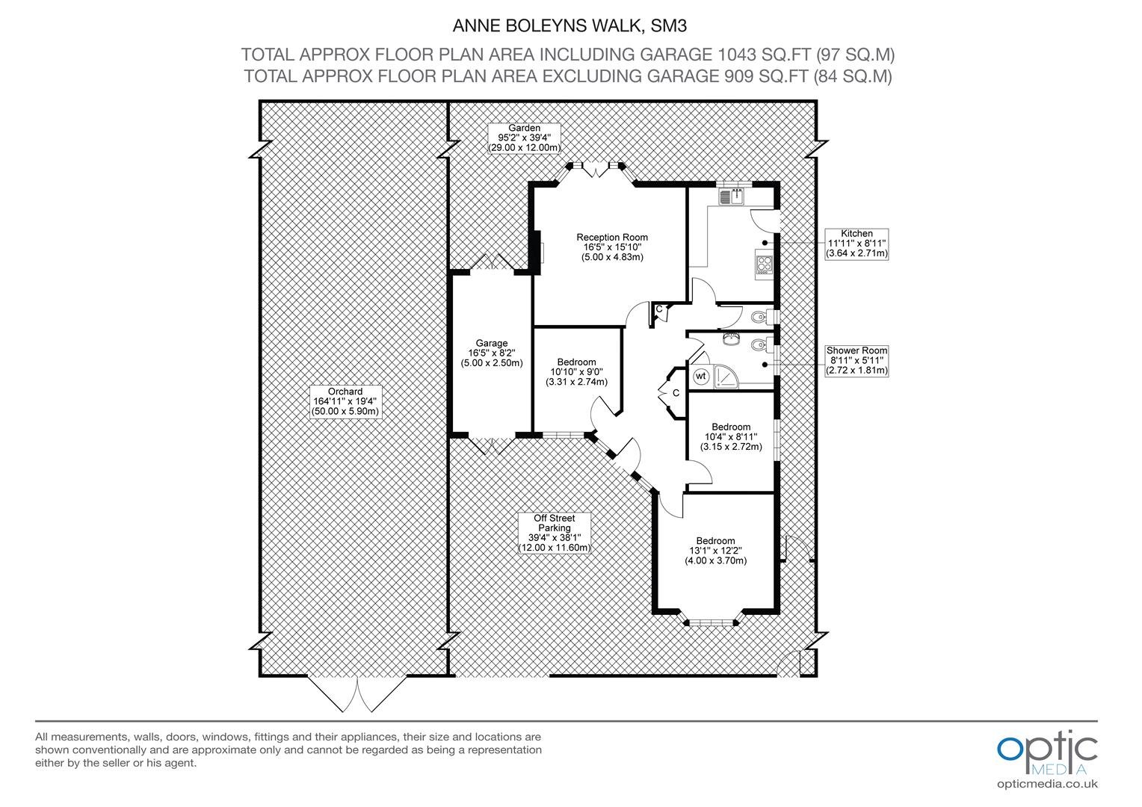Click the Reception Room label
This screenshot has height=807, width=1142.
tap(612, 247)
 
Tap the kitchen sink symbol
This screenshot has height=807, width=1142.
tap(732, 197)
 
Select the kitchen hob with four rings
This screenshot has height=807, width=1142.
tap(764, 264)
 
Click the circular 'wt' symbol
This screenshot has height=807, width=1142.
tap(700, 376)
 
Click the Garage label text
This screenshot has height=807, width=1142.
tap(492, 353)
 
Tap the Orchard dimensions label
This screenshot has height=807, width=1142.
tap(345, 401)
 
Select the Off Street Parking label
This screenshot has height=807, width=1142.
tap(554, 533)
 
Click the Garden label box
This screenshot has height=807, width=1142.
tap(524, 138)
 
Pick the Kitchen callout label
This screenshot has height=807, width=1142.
tap(856, 244)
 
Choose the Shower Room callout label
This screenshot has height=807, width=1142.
tap(856, 360)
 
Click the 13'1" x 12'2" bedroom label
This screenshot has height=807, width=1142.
tap(715, 551)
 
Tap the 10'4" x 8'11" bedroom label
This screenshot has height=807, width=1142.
tap(731, 436)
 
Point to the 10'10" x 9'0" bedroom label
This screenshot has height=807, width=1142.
tap(576, 371)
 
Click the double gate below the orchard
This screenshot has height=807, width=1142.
tap(357, 694)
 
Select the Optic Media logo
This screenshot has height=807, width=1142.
tap(1047, 753)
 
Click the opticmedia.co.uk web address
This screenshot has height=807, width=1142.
tap(1047, 784)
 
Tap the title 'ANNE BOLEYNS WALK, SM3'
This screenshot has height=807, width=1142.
tap(570, 25)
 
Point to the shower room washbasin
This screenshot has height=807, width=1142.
tap(731, 339)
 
